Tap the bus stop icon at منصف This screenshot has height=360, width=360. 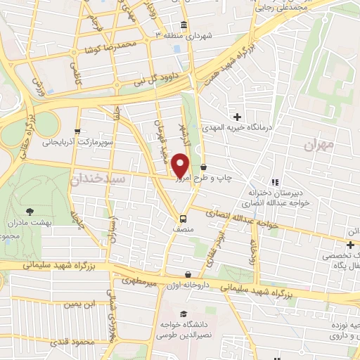(183, 218)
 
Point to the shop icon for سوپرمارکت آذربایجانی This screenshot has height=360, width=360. (77, 131)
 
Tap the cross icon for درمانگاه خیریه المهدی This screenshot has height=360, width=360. (238, 116)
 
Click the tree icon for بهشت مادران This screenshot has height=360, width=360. (29, 210)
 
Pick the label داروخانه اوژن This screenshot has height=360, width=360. (187, 284)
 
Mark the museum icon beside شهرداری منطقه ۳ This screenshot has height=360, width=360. (184, 26)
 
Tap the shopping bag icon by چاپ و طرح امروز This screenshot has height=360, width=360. (204, 167)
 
